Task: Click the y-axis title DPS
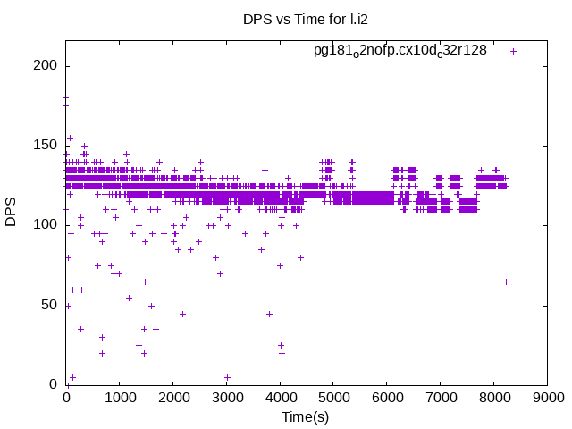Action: pos(12,213)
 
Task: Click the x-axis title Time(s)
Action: pos(307,416)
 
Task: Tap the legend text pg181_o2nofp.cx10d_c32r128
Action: pos(400,50)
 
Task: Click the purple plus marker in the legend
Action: pos(513,51)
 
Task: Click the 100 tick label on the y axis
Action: pos(46,225)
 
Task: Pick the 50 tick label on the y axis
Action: pos(50,305)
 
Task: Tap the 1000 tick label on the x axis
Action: pos(120,399)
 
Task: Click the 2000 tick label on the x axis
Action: pos(173,399)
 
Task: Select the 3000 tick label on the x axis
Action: pos(227,399)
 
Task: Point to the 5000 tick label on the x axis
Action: pos(333,399)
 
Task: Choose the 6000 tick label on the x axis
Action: pos(387,399)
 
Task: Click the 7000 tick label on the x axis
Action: pos(441,399)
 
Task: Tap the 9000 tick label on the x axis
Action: pos(548,399)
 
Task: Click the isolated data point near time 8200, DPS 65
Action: pos(506,282)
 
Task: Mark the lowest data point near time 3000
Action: pos(227,377)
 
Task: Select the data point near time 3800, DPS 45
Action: pos(269,314)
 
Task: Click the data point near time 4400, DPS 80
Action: pos(300,257)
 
